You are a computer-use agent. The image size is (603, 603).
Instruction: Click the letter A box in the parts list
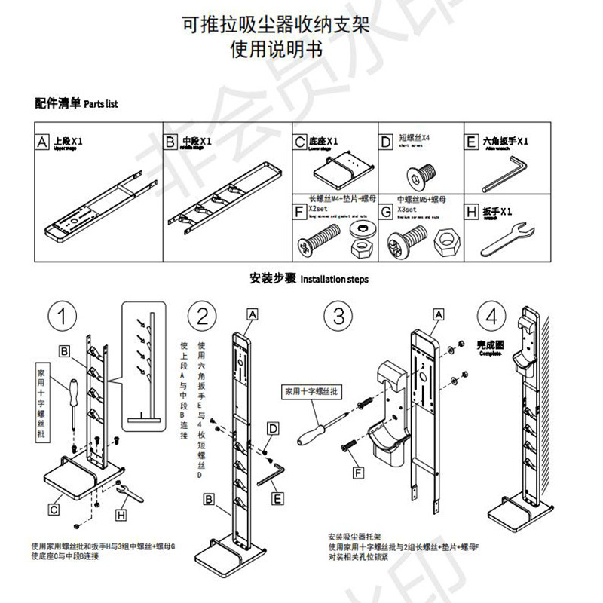click(x=44, y=142)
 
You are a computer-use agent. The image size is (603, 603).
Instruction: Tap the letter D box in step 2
click(x=274, y=427)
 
